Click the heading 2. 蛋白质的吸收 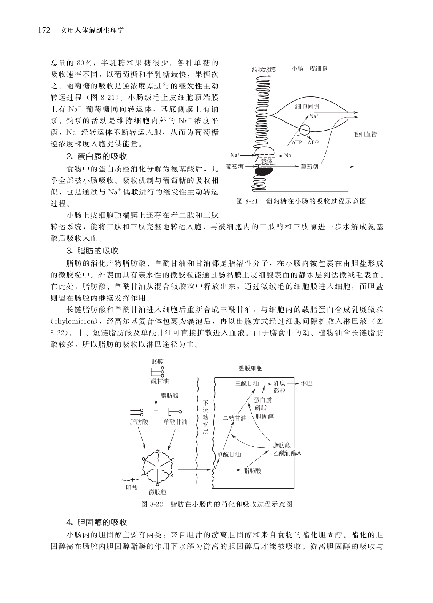(96, 156)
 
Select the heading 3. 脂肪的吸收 (93, 251)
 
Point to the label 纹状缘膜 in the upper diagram (264, 70)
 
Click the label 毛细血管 (365, 134)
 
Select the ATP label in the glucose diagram (297, 142)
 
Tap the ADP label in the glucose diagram (314, 142)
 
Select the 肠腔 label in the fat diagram (158, 361)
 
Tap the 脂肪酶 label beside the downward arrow (169, 395)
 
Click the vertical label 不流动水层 (206, 417)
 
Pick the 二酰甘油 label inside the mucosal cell (234, 418)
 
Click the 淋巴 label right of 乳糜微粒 (307, 383)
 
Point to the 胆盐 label (132, 488)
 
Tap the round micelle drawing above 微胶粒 (157, 465)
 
